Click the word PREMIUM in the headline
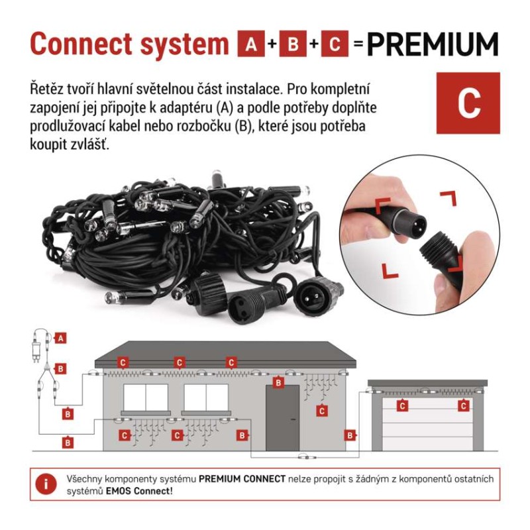(433, 44)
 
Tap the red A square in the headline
(251, 44)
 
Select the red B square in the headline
(293, 44)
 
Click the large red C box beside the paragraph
(468, 103)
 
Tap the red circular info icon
(46, 484)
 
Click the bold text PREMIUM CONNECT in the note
(242, 479)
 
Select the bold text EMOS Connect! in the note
(139, 491)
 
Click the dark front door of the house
(283, 418)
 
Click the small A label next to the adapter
(60, 338)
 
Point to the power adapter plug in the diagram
(36, 350)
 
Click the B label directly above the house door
(278, 383)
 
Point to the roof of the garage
(427, 383)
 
